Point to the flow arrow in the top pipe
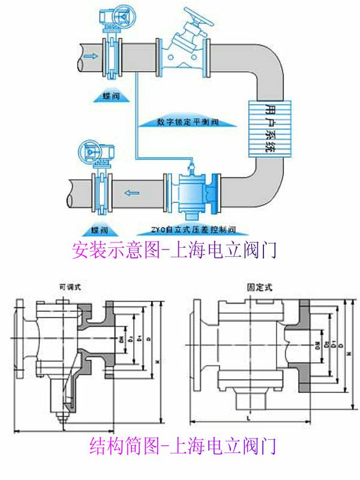tap(89, 56)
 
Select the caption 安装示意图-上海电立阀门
tap(173, 249)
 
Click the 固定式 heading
tap(259, 287)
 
